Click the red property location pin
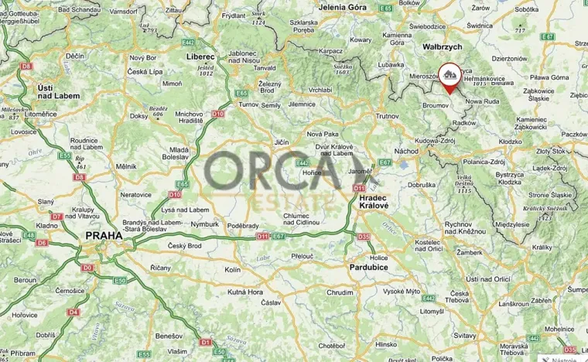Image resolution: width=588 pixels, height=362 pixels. (x=449, y=77)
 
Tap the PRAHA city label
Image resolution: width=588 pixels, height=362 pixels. (x=103, y=236)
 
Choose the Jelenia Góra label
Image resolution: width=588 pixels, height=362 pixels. (x=342, y=7)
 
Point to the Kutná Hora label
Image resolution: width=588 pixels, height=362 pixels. (x=245, y=292)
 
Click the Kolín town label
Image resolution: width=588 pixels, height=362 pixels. (x=233, y=270)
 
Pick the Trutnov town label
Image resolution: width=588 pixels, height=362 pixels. (x=385, y=116)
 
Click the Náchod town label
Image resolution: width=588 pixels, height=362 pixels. (x=406, y=152)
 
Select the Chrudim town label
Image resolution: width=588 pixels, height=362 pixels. (x=340, y=293)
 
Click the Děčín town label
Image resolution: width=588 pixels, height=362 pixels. (x=75, y=56)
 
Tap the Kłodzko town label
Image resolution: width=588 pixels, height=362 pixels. (x=510, y=142)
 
